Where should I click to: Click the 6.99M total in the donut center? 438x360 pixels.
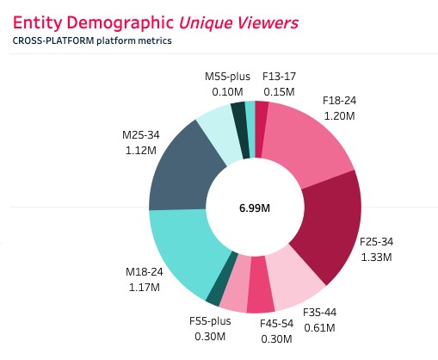(255, 208)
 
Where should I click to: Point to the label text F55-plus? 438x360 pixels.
(210, 322)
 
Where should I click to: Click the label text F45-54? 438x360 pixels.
(277, 324)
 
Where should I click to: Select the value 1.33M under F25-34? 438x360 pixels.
(376, 257)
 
